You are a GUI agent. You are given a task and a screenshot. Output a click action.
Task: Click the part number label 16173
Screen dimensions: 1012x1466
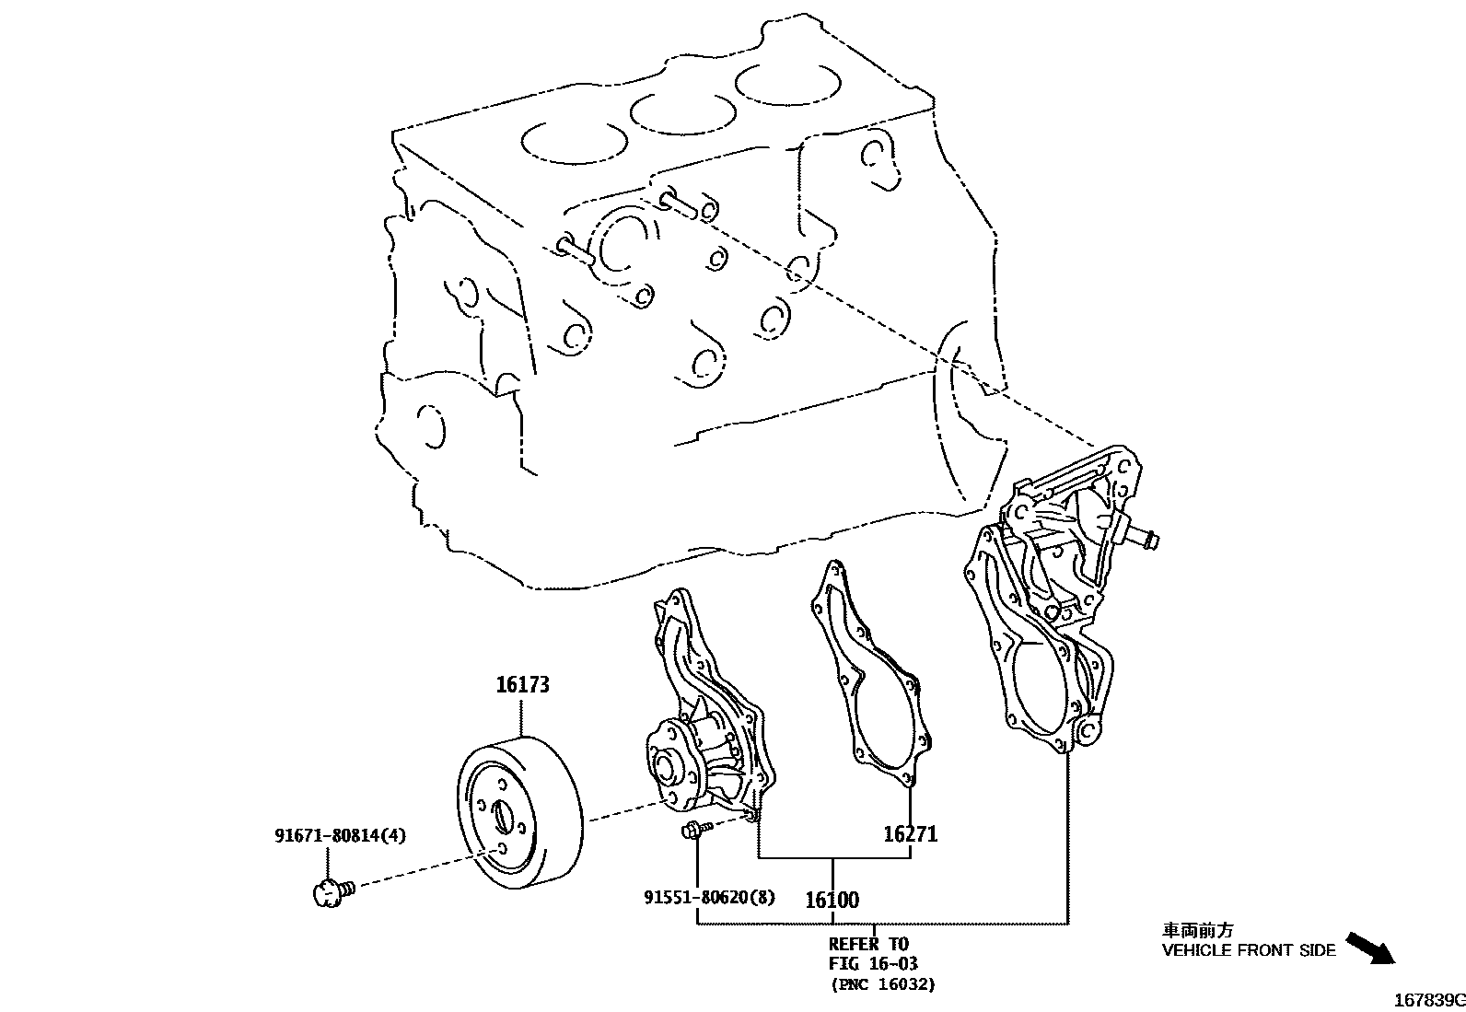[x=522, y=685]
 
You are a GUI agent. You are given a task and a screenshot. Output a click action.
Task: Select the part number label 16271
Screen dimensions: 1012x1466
[x=910, y=834]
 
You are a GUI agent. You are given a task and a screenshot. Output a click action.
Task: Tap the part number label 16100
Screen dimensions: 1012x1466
[x=832, y=900]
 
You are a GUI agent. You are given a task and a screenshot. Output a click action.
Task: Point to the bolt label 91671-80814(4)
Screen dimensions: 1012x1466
[x=340, y=835]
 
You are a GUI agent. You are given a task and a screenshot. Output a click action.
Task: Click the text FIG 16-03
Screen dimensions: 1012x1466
[x=873, y=964]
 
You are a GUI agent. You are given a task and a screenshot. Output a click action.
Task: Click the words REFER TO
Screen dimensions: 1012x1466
[x=867, y=944]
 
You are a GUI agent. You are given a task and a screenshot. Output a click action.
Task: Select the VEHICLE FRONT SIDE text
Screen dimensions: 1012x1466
[x=1248, y=950]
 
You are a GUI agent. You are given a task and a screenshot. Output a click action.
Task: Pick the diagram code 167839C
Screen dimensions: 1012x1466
[x=1427, y=1000]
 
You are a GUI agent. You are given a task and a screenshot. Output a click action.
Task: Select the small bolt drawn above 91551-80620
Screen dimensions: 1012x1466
[x=693, y=831]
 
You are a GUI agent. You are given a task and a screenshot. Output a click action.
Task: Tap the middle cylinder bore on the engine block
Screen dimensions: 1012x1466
[x=682, y=112]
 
